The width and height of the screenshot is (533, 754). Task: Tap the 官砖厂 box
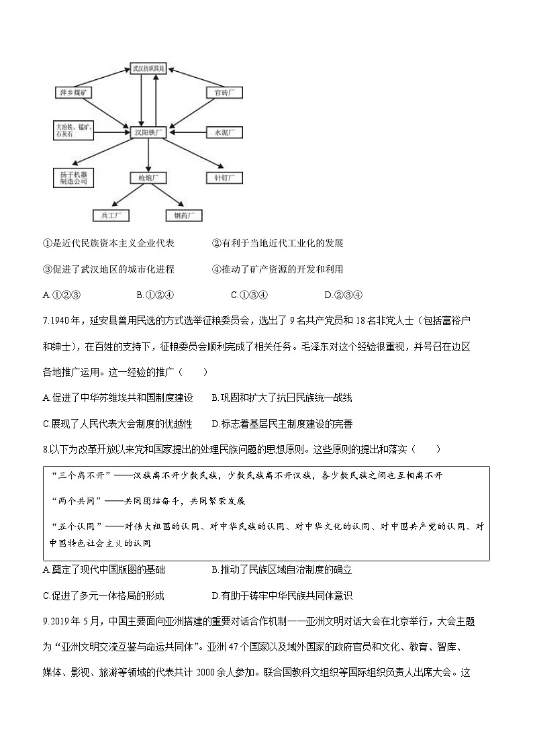224,92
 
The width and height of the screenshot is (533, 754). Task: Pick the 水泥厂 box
224,132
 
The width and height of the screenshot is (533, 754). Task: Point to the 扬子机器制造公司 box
73,177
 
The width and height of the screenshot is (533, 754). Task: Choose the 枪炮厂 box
148,178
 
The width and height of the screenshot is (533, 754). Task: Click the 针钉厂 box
224,178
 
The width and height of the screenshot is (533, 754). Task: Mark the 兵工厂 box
111,216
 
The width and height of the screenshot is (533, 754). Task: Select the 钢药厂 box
184,216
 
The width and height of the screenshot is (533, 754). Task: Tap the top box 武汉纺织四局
148,68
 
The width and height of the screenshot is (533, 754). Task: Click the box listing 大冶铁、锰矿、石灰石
75,130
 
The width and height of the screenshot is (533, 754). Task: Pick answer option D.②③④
343,294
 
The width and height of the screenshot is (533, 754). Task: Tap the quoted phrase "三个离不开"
73,475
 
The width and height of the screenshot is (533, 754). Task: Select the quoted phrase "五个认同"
73,526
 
